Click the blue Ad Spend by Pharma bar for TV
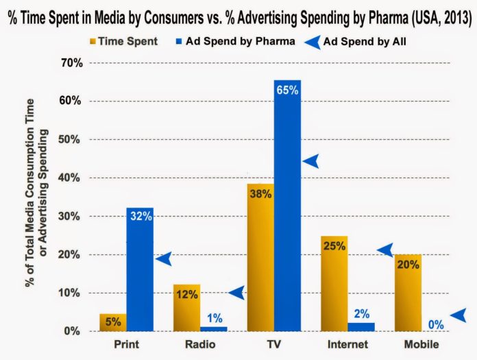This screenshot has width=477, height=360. click(287, 206)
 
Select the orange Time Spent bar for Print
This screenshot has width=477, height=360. click(113, 322)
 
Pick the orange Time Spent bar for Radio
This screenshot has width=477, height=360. click(186, 308)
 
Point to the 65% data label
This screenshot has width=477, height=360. click(288, 91)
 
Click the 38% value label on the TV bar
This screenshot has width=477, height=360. click(260, 193)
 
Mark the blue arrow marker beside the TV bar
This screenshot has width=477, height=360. click(312, 161)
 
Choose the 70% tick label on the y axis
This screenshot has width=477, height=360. click(71, 62)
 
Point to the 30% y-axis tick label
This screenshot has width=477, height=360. click(71, 216)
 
